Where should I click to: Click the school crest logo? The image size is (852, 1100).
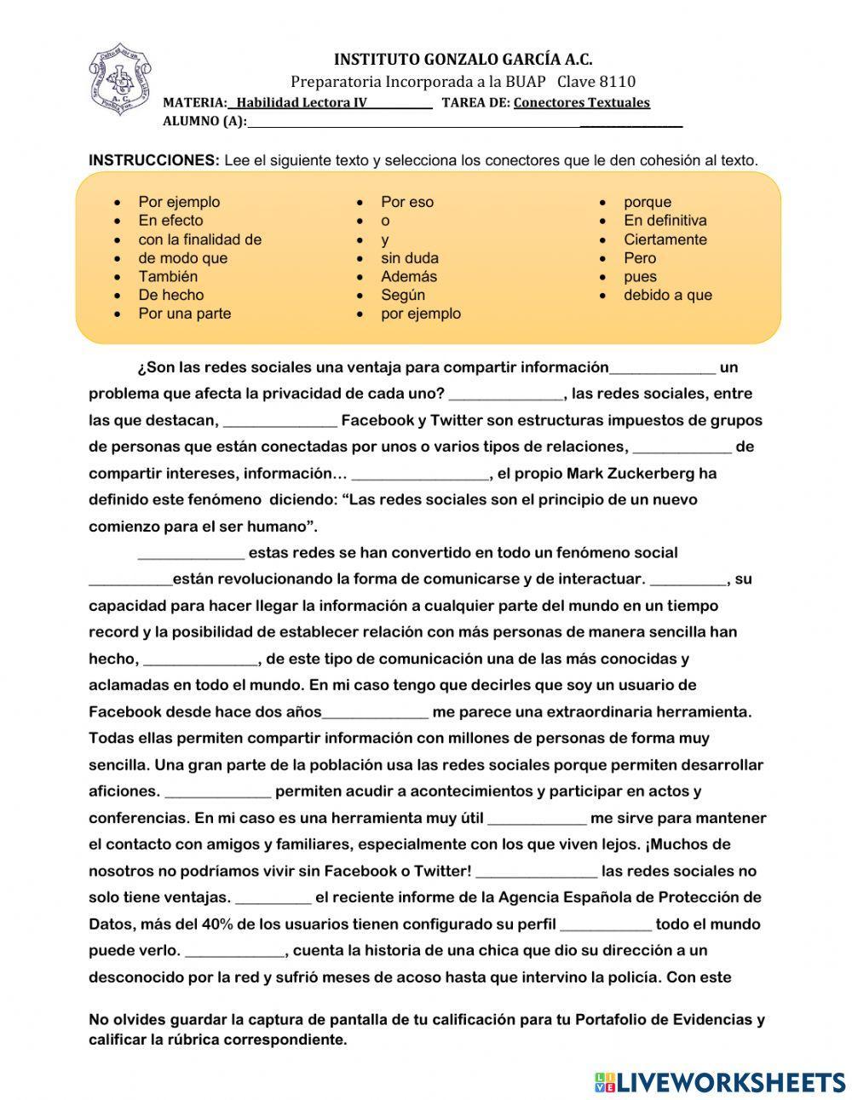click(119, 80)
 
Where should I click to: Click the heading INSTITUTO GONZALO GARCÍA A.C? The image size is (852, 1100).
click(463, 60)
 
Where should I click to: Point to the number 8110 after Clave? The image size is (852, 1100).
click(618, 82)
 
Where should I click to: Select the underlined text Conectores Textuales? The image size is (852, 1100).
click(581, 103)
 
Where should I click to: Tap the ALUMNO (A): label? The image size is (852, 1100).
click(204, 121)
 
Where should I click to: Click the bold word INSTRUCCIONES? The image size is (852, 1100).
click(154, 160)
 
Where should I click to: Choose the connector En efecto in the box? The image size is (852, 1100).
click(170, 221)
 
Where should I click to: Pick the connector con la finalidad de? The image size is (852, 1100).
click(199, 239)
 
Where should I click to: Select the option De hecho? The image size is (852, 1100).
click(170, 295)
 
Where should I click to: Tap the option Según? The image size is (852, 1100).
click(403, 295)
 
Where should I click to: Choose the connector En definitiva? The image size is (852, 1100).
click(665, 221)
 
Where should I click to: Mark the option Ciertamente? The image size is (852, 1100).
click(665, 239)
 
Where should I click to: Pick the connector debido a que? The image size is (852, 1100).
click(667, 295)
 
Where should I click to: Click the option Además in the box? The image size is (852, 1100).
click(409, 276)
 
